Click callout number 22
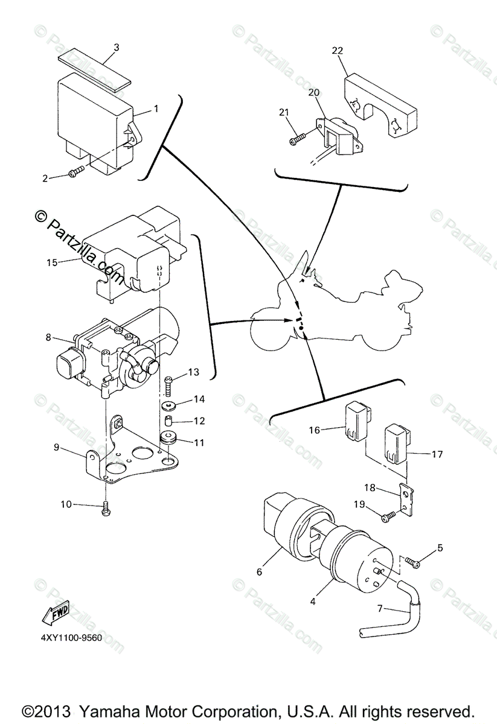click(337, 51)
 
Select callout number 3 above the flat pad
click(117, 46)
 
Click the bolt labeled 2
click(75, 174)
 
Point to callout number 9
click(56, 447)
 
